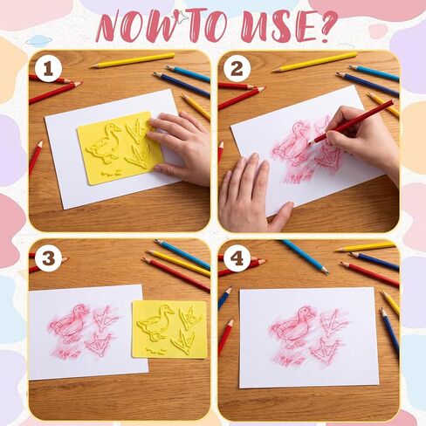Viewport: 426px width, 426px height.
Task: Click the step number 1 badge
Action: point(48,70)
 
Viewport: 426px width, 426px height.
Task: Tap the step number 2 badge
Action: point(237,69)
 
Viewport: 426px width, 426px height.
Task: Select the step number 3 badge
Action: point(48,258)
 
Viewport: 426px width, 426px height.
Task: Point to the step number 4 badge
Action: point(237,258)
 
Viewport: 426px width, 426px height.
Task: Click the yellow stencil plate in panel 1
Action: point(120,148)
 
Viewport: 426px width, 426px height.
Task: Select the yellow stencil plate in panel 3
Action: point(169,329)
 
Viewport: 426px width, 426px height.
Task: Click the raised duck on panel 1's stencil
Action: point(104,142)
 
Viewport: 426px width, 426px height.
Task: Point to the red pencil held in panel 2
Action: point(351,121)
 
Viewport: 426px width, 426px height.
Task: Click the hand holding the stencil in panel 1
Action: point(179,147)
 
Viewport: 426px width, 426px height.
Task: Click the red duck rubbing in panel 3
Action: point(69,324)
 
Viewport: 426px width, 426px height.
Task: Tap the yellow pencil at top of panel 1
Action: point(133,60)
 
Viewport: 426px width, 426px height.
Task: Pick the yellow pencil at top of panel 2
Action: point(314,62)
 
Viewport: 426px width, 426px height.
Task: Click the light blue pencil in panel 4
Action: point(305,257)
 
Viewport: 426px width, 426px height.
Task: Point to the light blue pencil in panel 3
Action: point(182,254)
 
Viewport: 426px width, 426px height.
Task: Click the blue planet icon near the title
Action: point(38,41)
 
